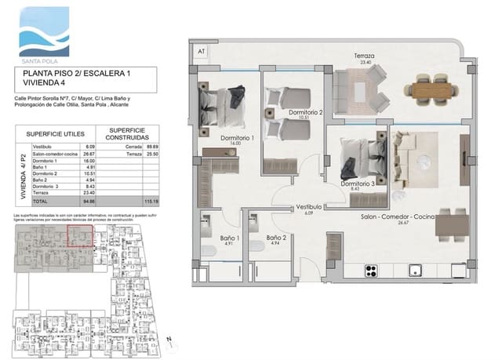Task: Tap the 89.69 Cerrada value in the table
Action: coord(151,147)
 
